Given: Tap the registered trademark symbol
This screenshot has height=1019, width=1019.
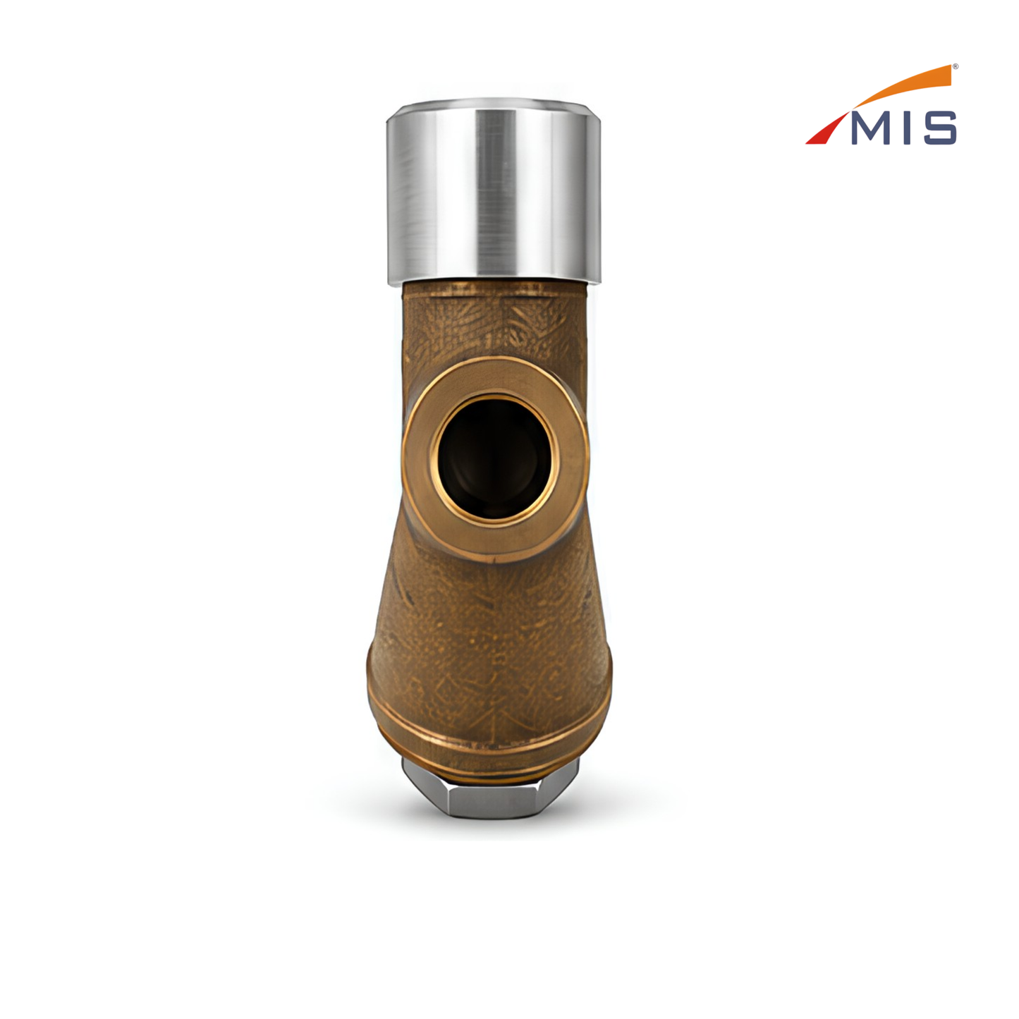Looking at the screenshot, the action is [x=955, y=66].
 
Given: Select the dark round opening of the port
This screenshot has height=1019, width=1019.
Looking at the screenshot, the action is [x=494, y=458].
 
